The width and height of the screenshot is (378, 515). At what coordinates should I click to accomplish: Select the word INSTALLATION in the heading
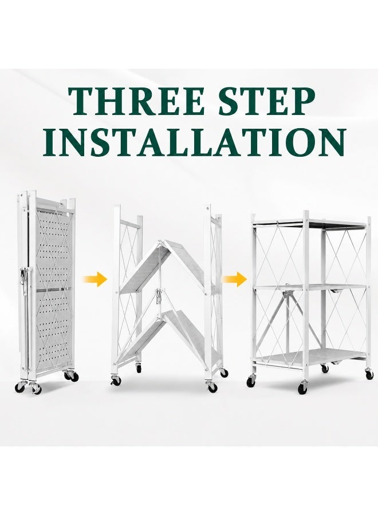click(195, 142)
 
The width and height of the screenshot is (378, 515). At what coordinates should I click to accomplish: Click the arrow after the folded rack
click(95, 279)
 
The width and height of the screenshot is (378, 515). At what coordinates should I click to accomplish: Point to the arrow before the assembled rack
click(235, 279)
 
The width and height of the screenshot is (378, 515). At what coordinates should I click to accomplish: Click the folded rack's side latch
click(24, 275)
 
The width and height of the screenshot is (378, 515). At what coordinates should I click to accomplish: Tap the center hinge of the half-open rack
click(159, 296)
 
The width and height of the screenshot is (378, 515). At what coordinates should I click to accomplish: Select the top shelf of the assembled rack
click(310, 223)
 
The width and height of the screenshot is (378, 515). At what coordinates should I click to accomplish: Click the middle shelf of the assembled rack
click(310, 287)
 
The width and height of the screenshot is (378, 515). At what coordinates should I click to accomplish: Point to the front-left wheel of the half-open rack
click(116, 380)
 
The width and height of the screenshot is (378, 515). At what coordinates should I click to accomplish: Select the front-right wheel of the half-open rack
click(212, 387)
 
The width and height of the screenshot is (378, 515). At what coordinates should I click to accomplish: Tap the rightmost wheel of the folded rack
click(74, 377)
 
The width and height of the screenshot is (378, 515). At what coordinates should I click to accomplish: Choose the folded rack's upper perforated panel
click(53, 249)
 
